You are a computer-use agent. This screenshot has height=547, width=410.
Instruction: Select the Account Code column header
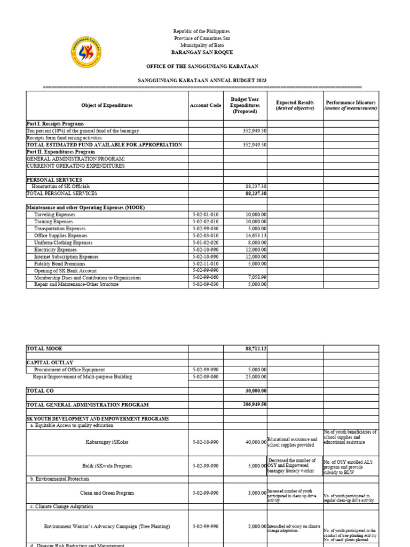206,105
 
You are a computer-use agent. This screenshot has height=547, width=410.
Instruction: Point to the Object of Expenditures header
107,105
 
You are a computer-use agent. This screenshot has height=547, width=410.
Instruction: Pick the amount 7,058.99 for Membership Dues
257,278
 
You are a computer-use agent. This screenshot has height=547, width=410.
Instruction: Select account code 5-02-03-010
206,236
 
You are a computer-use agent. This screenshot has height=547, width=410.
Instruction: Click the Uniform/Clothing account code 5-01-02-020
206,243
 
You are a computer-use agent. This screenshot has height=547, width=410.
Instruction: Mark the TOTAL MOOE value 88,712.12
256,348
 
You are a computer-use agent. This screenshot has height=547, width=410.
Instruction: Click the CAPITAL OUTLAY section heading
50,363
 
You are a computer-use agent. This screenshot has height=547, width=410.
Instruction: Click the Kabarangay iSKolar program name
107,442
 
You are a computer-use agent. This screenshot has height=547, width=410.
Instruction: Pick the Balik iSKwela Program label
107,466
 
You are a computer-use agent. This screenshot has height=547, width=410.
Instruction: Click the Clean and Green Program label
107,493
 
